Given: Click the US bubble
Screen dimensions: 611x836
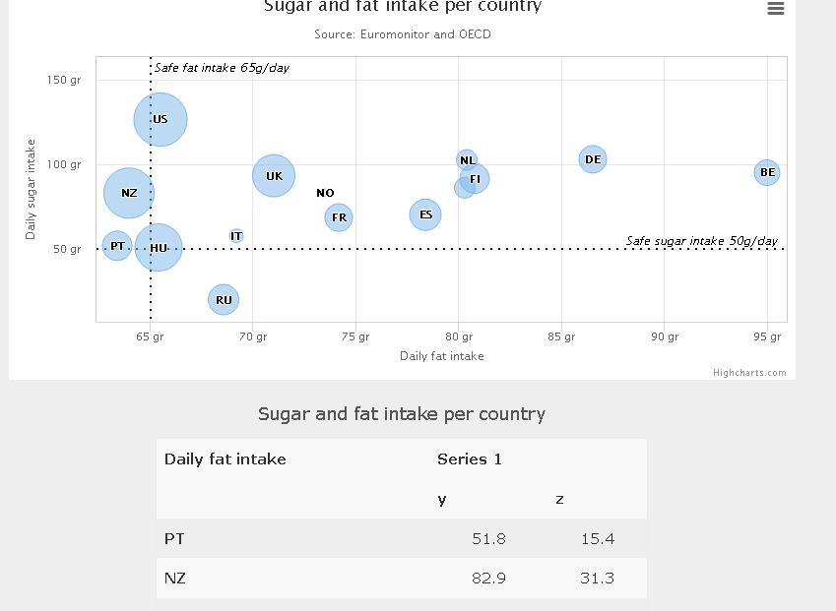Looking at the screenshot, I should pyautogui.click(x=161, y=119).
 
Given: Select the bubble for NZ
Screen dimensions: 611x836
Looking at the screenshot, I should pyautogui.click(x=129, y=193).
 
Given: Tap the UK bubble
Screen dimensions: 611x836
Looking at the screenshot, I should pyautogui.click(x=274, y=176).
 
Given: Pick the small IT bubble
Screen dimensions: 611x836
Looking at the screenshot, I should pyautogui.click(x=236, y=236).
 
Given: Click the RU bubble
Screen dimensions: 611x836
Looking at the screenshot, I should pyautogui.click(x=224, y=299).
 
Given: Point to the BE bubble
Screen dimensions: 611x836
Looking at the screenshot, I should pyautogui.click(x=767, y=172).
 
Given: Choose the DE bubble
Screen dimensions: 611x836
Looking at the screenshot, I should pyautogui.click(x=592, y=158).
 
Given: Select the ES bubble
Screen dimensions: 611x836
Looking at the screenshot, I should pyautogui.click(x=425, y=214).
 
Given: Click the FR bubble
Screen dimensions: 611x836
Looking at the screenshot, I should pyautogui.click(x=339, y=217).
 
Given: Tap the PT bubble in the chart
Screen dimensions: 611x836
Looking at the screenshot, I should pyautogui.click(x=117, y=245).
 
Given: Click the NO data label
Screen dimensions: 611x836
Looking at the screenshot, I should pyautogui.click(x=325, y=193).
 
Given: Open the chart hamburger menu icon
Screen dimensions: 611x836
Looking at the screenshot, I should pyautogui.click(x=775, y=9).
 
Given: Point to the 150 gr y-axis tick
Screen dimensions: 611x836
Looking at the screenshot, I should pyautogui.click(x=64, y=80).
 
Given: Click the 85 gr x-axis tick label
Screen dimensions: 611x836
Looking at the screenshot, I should pyautogui.click(x=561, y=336).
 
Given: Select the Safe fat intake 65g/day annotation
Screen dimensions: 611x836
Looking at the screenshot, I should pyautogui.click(x=222, y=68).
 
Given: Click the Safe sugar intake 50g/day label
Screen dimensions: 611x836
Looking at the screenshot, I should pyautogui.click(x=701, y=241).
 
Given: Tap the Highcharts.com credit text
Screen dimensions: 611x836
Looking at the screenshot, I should pyautogui.click(x=749, y=372).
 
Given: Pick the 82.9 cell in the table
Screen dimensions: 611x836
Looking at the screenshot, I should pyautogui.click(x=488, y=578).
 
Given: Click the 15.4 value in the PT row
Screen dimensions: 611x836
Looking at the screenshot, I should pyautogui.click(x=597, y=538).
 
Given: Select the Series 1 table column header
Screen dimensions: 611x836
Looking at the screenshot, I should pyautogui.click(x=470, y=458).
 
